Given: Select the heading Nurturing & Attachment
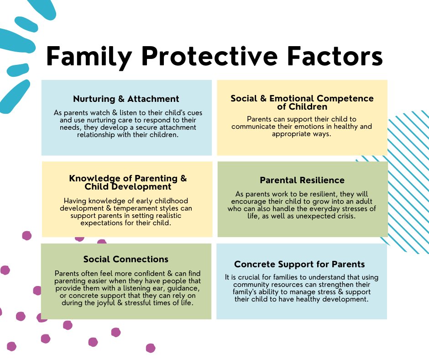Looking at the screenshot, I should tap(126, 99).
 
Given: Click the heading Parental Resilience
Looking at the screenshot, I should tap(302, 180).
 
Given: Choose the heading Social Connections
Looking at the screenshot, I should tap(126, 259).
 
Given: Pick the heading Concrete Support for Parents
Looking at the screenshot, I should tap(299, 264).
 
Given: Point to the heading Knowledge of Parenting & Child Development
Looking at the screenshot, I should tap(128, 182).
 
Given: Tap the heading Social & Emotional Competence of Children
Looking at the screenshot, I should tap(302, 102).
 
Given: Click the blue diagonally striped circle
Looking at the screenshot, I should tap(402, 183).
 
